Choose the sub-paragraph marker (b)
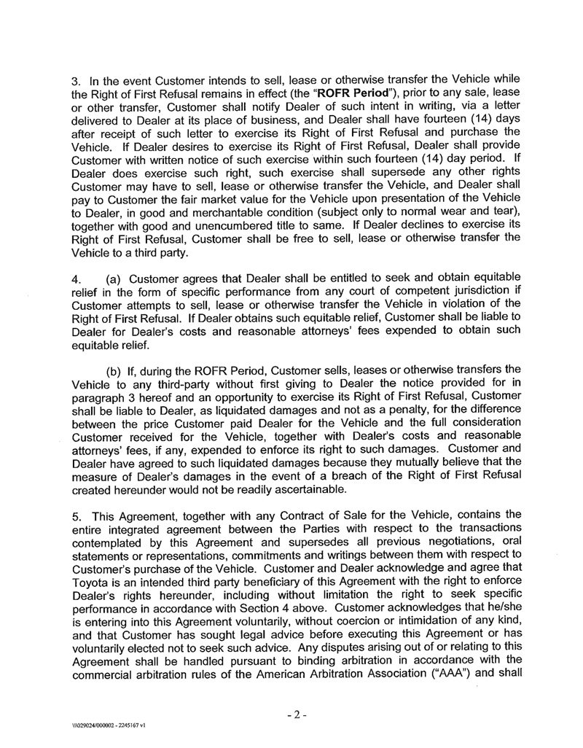coord(117,371)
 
